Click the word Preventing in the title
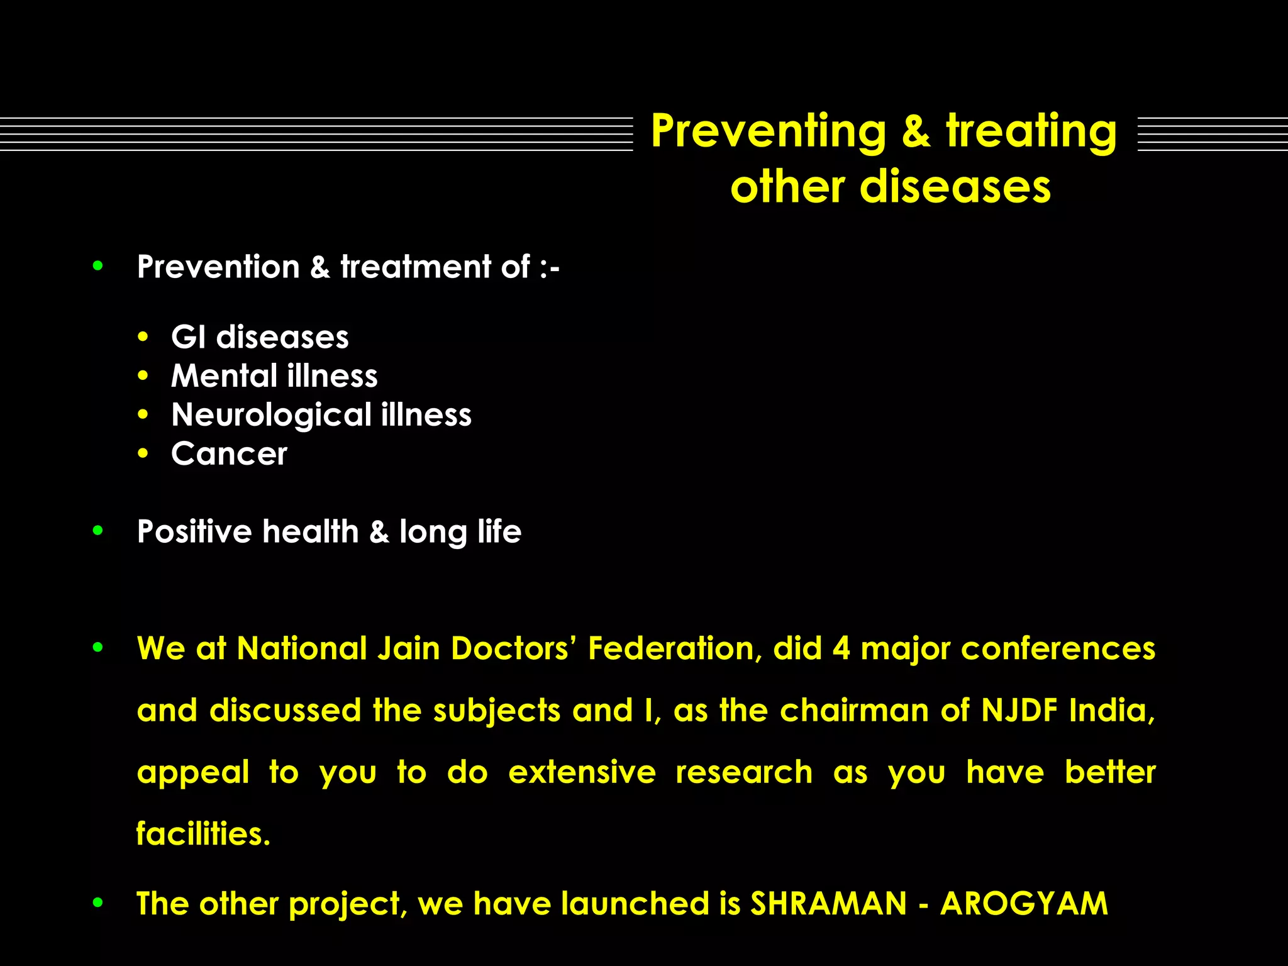(x=768, y=131)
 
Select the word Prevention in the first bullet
(x=218, y=267)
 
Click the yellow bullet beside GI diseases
(x=143, y=337)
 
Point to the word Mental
(x=224, y=376)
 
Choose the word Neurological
(x=271, y=416)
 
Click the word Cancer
(x=229, y=453)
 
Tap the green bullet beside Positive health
(x=97, y=531)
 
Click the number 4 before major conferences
(x=841, y=648)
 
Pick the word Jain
(x=408, y=648)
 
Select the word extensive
(x=582, y=772)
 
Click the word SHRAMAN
(x=828, y=904)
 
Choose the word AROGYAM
(x=1024, y=904)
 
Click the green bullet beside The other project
(x=97, y=903)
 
